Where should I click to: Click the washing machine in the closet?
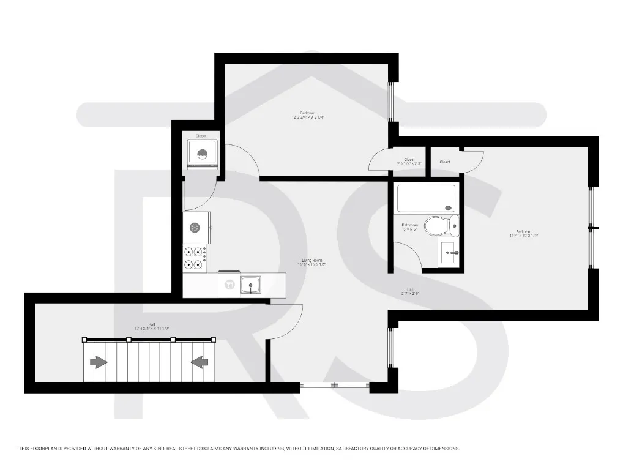pyautogui.click(x=202, y=153)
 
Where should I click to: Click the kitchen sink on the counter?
pyautogui.click(x=250, y=285)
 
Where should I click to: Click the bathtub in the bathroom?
pyautogui.click(x=426, y=199)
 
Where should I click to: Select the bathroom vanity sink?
pyautogui.click(x=449, y=251)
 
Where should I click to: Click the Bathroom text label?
pyautogui.click(x=409, y=225)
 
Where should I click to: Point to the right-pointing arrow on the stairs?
pyautogui.click(x=99, y=362)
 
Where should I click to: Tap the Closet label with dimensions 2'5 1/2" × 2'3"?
pyautogui.click(x=409, y=160)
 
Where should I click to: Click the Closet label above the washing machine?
pyautogui.click(x=201, y=136)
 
